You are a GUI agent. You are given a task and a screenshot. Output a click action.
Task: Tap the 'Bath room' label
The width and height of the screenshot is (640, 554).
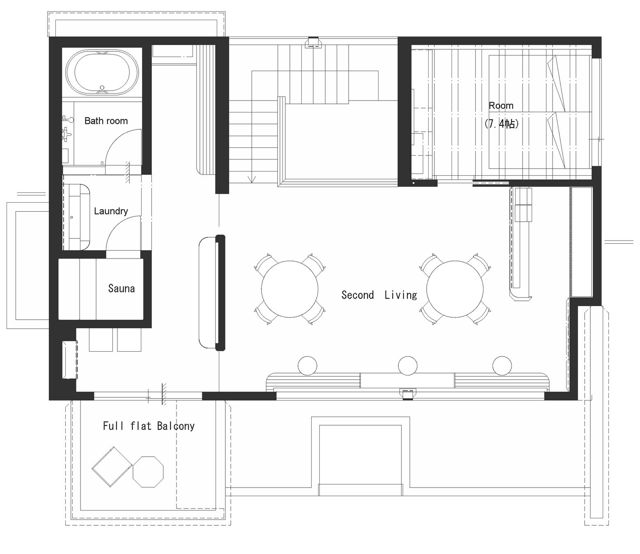pos(106,121)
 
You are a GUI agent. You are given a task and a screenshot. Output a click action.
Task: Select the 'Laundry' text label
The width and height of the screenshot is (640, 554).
pos(111,211)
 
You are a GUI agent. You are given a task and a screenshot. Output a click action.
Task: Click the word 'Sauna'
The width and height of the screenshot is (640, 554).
pos(122,288)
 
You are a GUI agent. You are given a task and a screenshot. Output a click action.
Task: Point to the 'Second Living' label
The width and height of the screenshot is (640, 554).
pos(379,295)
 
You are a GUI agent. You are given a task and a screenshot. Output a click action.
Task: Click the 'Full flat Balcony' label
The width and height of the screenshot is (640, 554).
pos(149,426)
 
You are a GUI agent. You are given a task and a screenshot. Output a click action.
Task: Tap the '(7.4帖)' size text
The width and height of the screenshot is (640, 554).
pos(501,124)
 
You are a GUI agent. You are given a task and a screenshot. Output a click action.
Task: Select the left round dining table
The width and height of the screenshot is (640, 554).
pos(289,289)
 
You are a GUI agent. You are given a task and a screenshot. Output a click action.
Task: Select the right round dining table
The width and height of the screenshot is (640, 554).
pos(455,289)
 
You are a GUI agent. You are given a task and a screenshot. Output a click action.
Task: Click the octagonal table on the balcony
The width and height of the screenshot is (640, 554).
pos(148,472)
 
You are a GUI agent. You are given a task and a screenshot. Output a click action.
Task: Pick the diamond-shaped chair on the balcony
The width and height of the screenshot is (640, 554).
pos(112,467)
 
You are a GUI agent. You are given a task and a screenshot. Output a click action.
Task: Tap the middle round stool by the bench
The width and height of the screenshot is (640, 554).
pos(408,366)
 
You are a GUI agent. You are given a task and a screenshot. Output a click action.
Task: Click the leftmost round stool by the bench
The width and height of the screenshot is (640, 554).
pos(307,366)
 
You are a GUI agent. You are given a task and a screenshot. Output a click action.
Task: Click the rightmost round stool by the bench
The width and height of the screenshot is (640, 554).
pos(502,366)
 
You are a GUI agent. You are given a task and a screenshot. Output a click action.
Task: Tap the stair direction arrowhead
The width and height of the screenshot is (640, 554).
pos(252,179)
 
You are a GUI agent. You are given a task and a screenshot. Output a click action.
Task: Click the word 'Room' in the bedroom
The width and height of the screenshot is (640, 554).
pos(501,105)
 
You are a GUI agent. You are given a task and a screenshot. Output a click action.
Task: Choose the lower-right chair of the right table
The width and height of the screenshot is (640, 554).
pos(481,315)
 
